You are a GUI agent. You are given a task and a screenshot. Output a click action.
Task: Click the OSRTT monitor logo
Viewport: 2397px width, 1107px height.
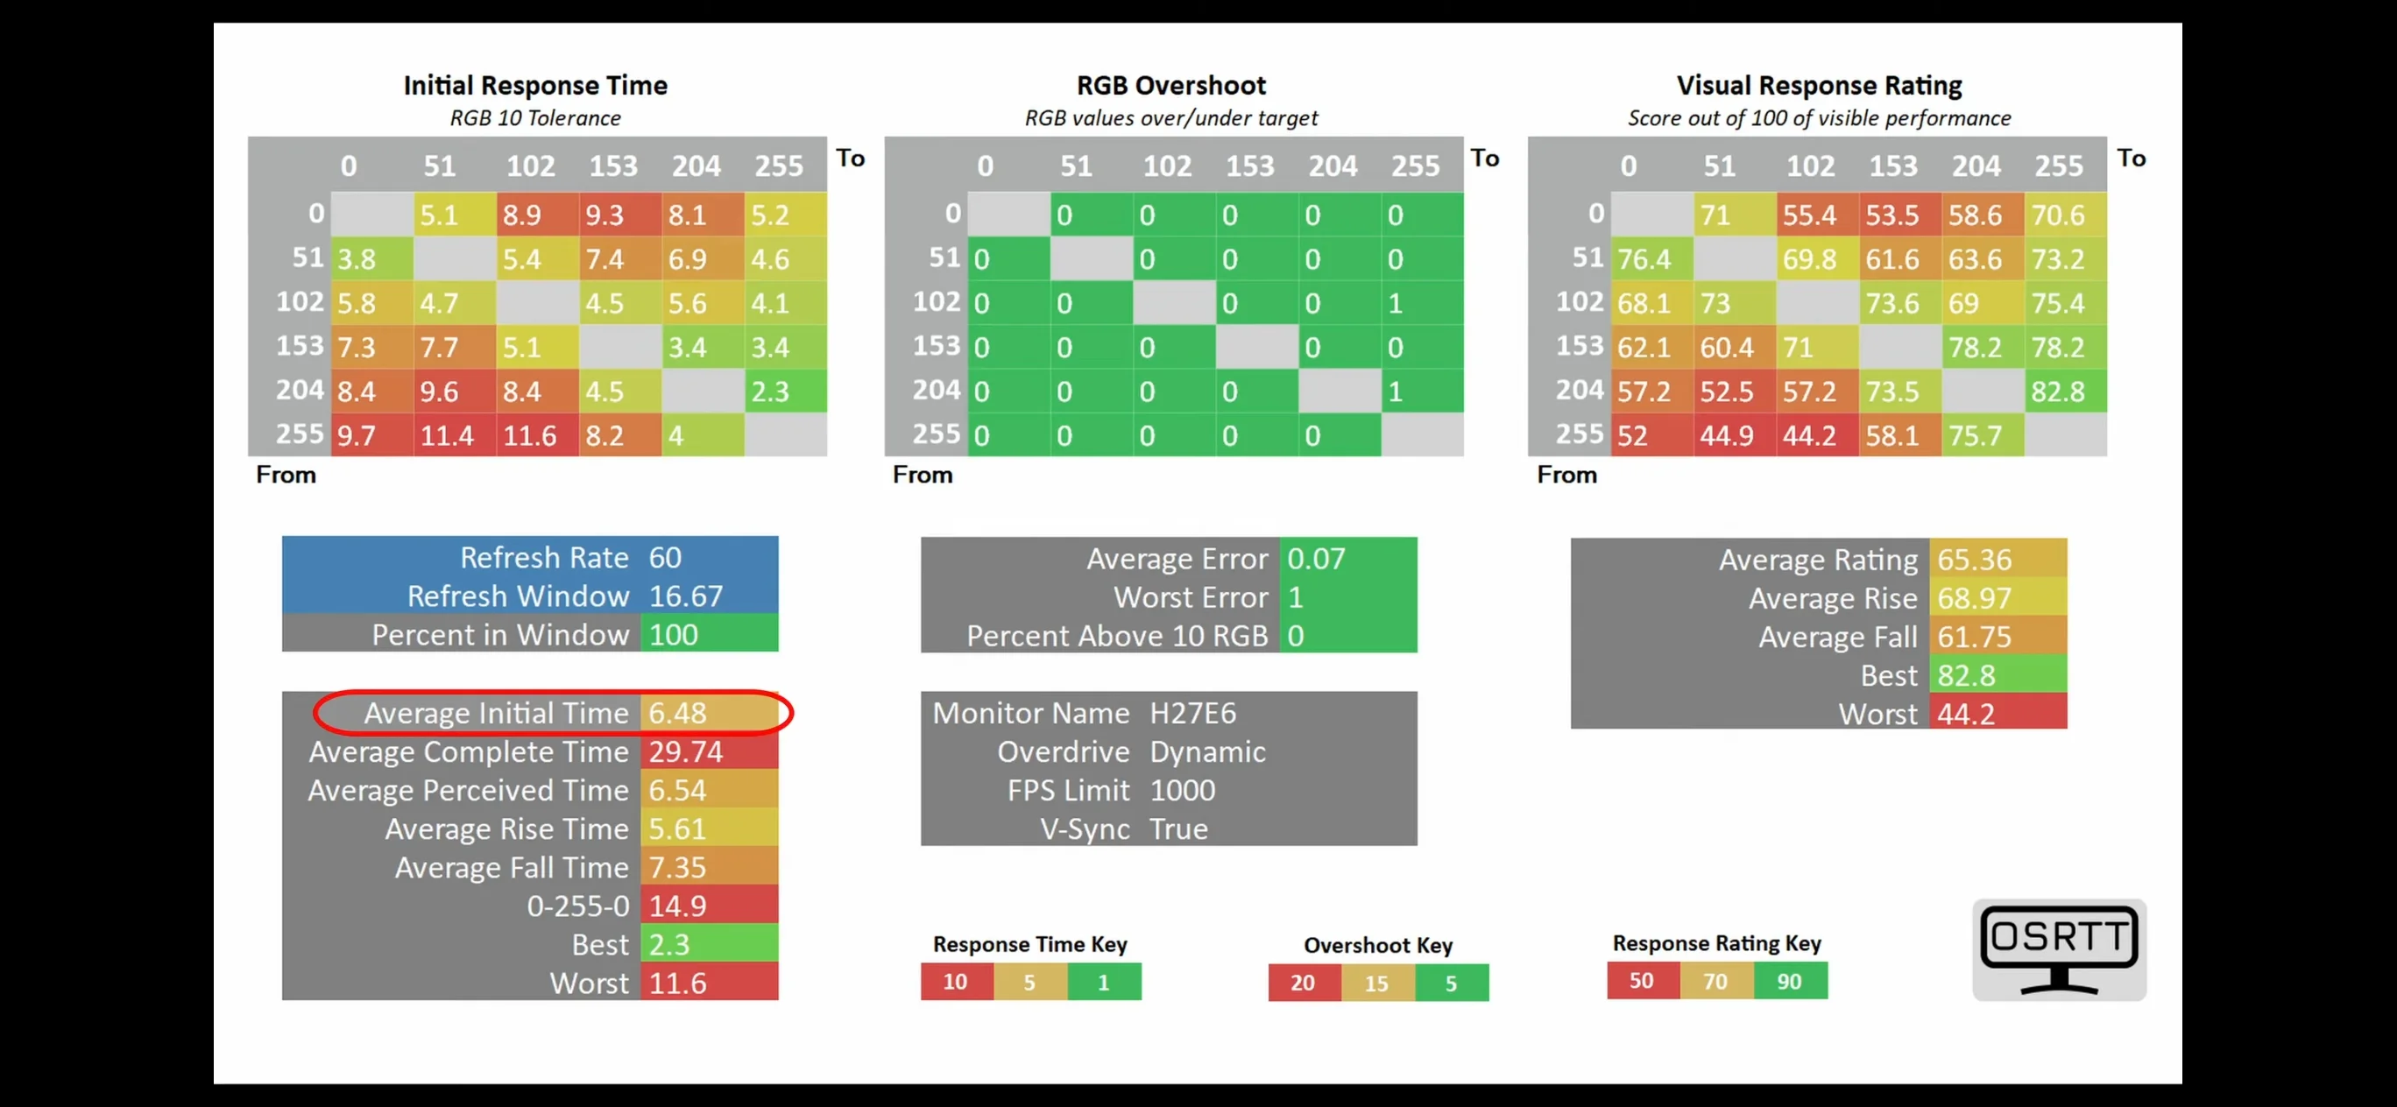coord(2058,948)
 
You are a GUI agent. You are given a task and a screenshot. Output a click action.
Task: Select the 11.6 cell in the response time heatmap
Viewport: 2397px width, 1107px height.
coord(537,434)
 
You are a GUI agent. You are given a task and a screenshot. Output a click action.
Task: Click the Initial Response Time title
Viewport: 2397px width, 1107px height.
coord(535,86)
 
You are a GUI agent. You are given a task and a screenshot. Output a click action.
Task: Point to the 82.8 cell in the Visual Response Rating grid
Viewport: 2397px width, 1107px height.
coord(2065,391)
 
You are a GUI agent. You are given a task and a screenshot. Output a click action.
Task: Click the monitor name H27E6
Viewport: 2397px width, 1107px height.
coord(1193,713)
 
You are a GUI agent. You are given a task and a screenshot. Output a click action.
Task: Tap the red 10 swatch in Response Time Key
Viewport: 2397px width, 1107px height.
coord(957,983)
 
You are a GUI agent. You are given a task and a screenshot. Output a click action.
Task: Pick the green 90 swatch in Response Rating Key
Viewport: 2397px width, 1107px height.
coord(1789,982)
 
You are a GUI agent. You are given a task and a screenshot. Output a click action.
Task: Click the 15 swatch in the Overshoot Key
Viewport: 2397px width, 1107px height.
coord(1377,984)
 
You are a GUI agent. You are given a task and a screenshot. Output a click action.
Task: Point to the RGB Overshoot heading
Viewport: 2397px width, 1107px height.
coord(1170,86)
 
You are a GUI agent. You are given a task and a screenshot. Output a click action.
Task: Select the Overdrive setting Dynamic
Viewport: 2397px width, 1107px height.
coord(1207,751)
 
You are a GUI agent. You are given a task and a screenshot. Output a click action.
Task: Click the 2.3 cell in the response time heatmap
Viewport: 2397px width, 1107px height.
coord(785,391)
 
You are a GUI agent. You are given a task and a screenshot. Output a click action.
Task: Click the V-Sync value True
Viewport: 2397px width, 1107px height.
coord(1178,828)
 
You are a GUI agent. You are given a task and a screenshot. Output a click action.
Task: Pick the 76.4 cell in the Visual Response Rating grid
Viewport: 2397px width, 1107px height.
coord(1651,258)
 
